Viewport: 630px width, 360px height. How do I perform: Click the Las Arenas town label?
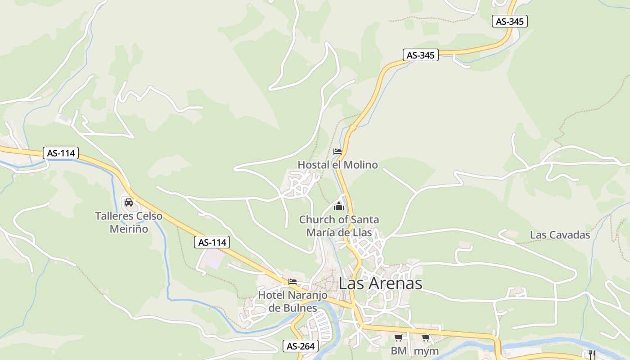380,283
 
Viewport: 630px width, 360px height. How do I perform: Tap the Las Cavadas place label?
560,235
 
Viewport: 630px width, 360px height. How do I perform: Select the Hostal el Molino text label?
338,165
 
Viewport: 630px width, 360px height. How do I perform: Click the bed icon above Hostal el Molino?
337,152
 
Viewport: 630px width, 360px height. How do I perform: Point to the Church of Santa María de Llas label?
339,226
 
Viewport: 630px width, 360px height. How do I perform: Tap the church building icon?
339,207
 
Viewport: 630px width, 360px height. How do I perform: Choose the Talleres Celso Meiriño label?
129,222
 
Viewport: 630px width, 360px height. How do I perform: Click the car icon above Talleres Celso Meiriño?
129,202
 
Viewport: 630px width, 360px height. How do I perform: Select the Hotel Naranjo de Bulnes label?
292,301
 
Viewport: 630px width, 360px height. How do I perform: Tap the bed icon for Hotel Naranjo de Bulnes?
292,282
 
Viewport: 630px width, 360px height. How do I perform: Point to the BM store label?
399,351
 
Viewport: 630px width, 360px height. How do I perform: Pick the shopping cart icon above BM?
398,338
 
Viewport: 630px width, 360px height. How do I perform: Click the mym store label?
426,351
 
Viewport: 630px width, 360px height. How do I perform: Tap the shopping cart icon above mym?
426,338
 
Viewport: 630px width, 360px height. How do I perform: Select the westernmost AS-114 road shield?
61,153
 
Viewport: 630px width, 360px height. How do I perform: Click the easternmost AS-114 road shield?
212,242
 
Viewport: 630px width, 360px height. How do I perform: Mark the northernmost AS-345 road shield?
509,21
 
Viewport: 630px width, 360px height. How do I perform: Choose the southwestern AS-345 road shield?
420,55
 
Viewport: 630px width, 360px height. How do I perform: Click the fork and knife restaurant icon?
592,354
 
